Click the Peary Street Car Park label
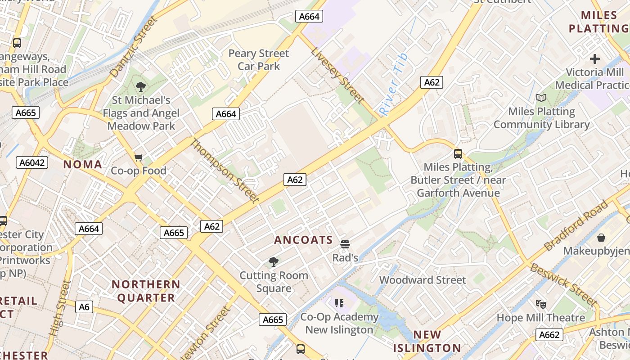(258, 60)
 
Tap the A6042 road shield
(32, 162)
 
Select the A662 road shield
(549, 335)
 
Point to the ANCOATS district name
(303, 240)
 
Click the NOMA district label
(83, 164)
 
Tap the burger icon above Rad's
(345, 244)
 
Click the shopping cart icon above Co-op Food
(139, 157)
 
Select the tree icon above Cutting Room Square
(273, 262)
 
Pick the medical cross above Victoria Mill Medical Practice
(595, 59)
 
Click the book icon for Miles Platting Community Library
(541, 98)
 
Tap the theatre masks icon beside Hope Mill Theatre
(540, 304)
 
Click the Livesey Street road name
(337, 74)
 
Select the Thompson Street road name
(225, 171)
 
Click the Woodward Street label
(423, 280)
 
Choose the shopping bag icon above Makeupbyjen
(601, 237)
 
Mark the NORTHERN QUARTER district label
(146, 291)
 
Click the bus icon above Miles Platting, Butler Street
(458, 154)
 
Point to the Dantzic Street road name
(134, 46)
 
